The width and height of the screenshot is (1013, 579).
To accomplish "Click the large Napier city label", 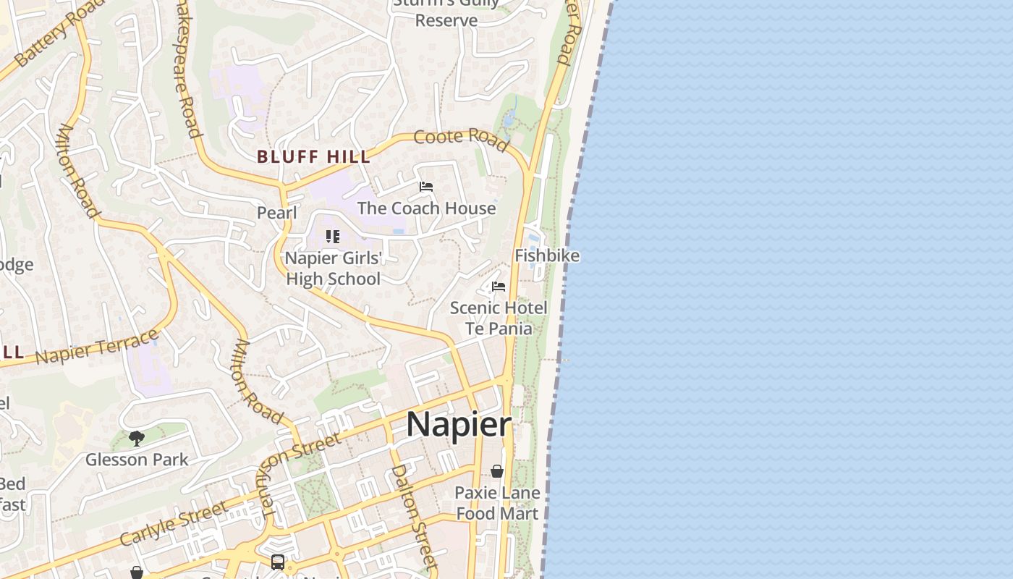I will (x=459, y=424).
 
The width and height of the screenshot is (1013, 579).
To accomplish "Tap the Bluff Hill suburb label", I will (x=314, y=156).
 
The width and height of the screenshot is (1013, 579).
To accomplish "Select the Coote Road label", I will (x=461, y=139).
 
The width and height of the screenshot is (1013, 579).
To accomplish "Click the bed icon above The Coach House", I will (x=426, y=187).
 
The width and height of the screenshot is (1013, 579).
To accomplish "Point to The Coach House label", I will (x=426, y=208).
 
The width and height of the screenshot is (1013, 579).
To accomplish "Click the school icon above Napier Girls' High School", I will (x=332, y=236).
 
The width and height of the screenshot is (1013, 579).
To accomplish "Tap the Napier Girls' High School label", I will (x=333, y=269).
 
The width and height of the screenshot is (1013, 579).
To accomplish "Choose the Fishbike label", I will (x=546, y=255).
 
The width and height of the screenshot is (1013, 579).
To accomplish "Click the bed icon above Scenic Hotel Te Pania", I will (x=499, y=287).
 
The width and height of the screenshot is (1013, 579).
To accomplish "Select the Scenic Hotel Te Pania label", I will (x=499, y=318).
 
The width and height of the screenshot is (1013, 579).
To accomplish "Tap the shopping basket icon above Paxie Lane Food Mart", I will (x=497, y=471).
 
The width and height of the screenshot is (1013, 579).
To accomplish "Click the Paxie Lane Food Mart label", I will (x=497, y=503).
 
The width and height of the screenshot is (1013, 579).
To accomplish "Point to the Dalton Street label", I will (x=414, y=515).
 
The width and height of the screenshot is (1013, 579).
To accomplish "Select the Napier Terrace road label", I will (x=97, y=347).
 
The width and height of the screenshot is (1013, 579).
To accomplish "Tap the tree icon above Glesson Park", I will (x=137, y=438).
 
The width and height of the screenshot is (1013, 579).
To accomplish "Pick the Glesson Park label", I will (x=137, y=460).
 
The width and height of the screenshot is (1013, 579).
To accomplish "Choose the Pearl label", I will (x=277, y=213).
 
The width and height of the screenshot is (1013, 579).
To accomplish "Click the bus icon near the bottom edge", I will (x=278, y=562).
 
